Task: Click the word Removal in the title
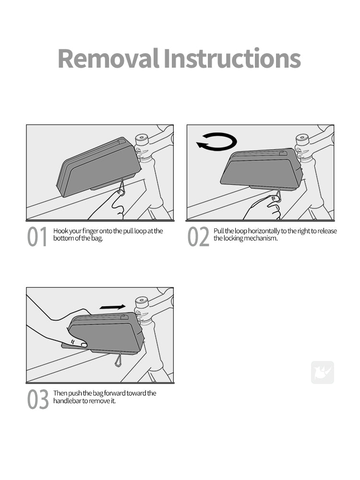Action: click(x=108, y=59)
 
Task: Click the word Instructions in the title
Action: click(x=232, y=59)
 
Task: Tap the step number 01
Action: click(x=37, y=237)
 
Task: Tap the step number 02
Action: click(x=198, y=237)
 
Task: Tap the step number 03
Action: click(x=37, y=399)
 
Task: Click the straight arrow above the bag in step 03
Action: click(x=112, y=307)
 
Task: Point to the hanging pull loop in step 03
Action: click(x=119, y=360)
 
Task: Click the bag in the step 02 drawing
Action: click(x=261, y=169)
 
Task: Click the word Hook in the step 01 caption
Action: click(x=60, y=231)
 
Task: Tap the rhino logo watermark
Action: click(x=323, y=372)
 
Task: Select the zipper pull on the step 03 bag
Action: click(x=124, y=317)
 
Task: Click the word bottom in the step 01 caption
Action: click(x=63, y=238)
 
